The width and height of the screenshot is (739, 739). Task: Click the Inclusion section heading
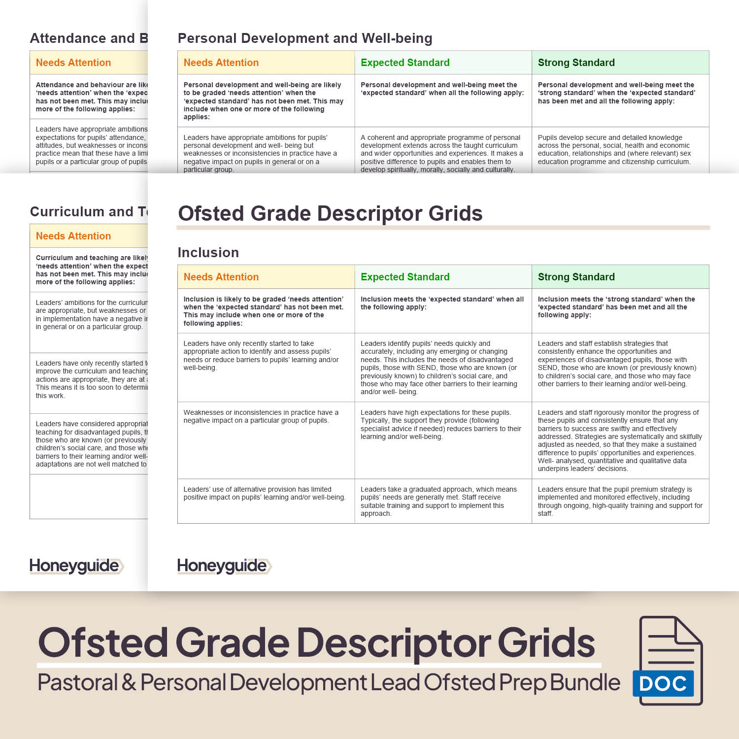208,253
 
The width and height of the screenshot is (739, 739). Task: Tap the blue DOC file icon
669,660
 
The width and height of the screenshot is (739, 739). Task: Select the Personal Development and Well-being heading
304,38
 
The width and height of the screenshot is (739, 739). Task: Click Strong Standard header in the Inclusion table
576,277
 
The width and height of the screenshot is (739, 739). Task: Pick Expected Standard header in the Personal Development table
405,63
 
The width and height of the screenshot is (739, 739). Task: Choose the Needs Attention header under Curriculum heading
73,236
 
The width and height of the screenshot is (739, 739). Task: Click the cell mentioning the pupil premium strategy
620,501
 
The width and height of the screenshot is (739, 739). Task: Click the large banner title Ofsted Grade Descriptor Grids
316,643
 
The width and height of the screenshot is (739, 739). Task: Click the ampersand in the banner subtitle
129,683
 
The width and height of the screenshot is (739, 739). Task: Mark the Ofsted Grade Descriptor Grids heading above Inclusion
330,214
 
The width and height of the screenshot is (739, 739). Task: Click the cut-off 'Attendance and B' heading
89,38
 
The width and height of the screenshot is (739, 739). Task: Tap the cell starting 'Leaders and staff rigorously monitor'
620,440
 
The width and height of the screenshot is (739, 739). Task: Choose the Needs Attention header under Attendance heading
73,63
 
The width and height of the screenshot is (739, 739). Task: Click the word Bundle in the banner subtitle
585,683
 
